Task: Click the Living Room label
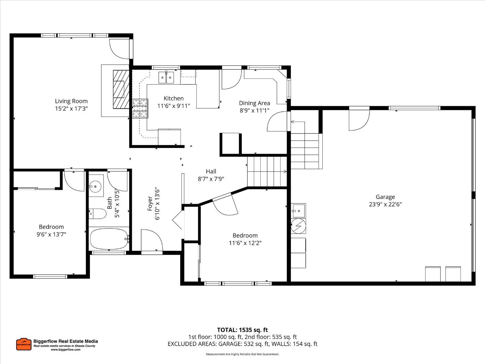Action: click(71, 101)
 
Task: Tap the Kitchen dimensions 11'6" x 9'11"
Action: click(173, 106)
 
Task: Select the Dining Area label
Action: click(254, 103)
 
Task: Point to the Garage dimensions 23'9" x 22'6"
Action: click(385, 204)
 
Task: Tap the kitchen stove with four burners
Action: click(140, 109)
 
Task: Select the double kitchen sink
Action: click(166, 78)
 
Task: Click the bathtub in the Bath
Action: click(109, 239)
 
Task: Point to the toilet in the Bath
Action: click(98, 213)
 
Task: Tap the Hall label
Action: click(211, 172)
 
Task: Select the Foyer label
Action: click(150, 204)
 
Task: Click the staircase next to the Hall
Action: click(267, 172)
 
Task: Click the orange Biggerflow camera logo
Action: click(24, 344)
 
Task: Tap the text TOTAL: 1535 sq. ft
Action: click(242, 330)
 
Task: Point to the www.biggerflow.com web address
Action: click(65, 350)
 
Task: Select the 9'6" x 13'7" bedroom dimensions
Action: click(51, 234)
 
